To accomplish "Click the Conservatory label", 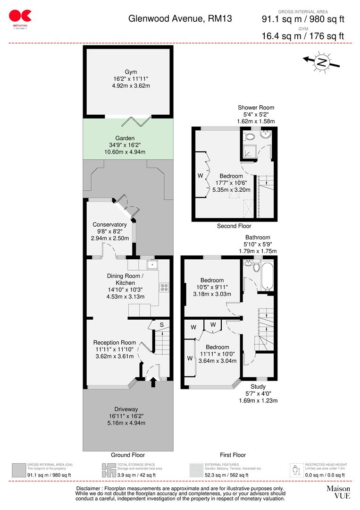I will click(x=109, y=224).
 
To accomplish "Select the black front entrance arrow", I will click(x=152, y=382).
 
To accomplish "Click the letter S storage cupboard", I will click(x=161, y=325).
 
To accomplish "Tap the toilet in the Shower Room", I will click(x=250, y=136).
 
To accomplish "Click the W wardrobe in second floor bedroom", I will click(x=200, y=176).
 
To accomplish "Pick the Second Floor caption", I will click(x=234, y=226).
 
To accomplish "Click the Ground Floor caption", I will click(x=127, y=455).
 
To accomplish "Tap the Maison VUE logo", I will click(x=338, y=492).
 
